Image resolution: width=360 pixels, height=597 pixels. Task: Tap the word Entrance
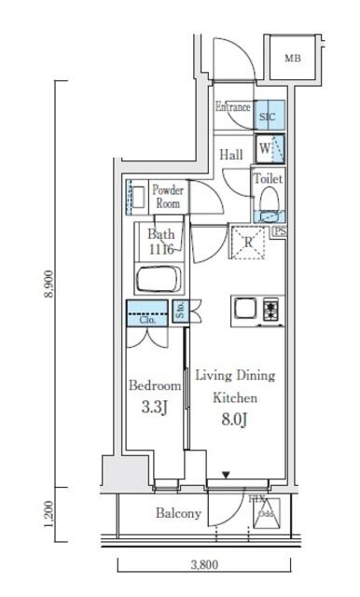click(232, 107)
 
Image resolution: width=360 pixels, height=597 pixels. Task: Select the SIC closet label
click(267, 118)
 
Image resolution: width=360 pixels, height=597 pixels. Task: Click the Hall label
click(232, 156)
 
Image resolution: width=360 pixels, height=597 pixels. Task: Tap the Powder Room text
click(168, 197)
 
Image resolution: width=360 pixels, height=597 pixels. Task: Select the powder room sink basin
click(134, 197)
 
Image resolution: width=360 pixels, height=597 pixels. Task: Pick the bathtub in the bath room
click(161, 280)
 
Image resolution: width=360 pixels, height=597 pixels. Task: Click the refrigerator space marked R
click(249, 242)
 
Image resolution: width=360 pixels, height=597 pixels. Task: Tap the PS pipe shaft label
click(279, 233)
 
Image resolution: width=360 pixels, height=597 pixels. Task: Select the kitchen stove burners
click(271, 310)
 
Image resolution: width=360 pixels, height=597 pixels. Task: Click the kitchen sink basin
click(247, 309)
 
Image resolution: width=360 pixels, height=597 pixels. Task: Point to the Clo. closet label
click(147, 319)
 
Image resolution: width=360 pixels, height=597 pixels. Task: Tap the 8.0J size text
click(234, 418)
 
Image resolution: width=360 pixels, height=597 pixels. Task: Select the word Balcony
click(178, 514)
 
